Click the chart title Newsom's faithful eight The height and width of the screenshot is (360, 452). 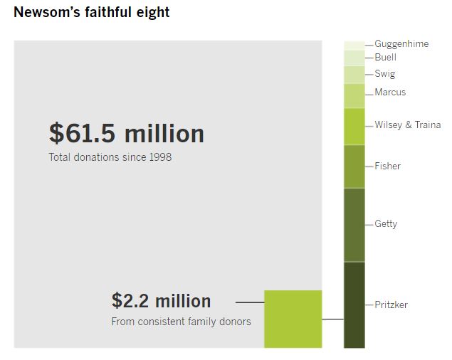tap(92, 13)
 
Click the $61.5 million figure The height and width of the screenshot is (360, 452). tap(127, 133)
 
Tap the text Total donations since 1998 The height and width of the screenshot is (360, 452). tap(110, 157)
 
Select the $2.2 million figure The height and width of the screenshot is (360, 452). tap(161, 300)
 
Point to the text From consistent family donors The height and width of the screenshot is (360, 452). tap(181, 322)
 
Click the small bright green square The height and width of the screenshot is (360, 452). tap(293, 319)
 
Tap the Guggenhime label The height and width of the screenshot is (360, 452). tap(401, 44)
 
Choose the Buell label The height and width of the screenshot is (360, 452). tap(385, 57)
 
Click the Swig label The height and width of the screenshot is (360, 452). tap(384, 73)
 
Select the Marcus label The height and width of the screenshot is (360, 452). tap(390, 92)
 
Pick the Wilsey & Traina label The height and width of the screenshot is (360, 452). tap(407, 125)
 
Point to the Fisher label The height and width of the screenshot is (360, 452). tap(387, 166)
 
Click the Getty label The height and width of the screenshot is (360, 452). tap(386, 224)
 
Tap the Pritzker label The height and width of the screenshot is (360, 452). tap(391, 305)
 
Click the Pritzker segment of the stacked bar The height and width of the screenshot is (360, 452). tap(354, 305)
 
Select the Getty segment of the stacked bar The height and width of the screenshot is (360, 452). tap(354, 225)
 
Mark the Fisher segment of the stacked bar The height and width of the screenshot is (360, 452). tap(354, 166)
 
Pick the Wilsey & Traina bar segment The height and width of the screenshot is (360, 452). tap(354, 127)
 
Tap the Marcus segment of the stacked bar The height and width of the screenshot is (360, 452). tap(354, 95)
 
